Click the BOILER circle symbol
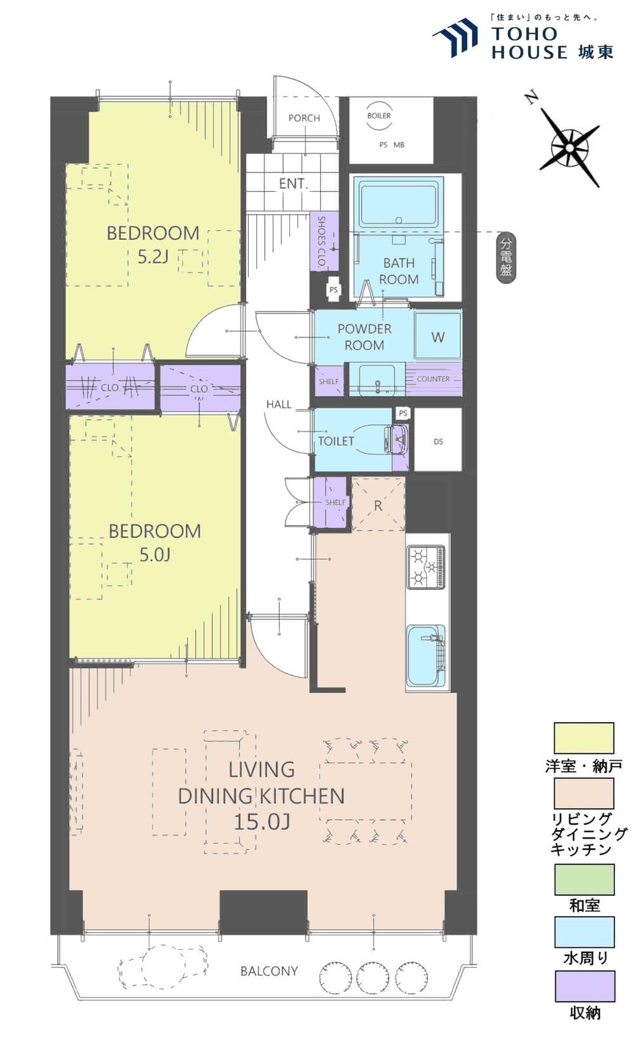(379, 115)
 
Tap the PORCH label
(304, 118)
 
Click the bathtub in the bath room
(398, 204)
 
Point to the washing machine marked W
(438, 336)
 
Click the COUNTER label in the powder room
(433, 379)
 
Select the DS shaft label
(438, 442)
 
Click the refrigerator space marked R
(378, 505)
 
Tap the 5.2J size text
(153, 256)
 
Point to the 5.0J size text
(155, 555)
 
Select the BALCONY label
(269, 971)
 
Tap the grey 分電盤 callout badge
(506, 258)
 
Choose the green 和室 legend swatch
(585, 879)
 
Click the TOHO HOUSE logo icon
(455, 38)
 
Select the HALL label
(279, 405)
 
